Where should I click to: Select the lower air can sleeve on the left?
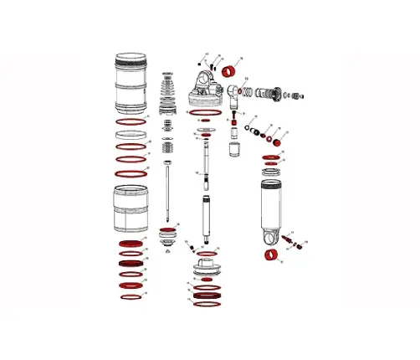tap(130, 208)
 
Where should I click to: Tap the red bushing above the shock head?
tap(223, 69)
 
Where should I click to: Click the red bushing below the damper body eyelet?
tap(270, 255)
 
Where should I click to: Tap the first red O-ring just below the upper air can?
tap(130, 123)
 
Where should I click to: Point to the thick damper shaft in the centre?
tap(204, 219)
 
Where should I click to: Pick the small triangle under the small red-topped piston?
tap(168, 250)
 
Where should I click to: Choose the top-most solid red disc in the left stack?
tap(130, 243)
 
